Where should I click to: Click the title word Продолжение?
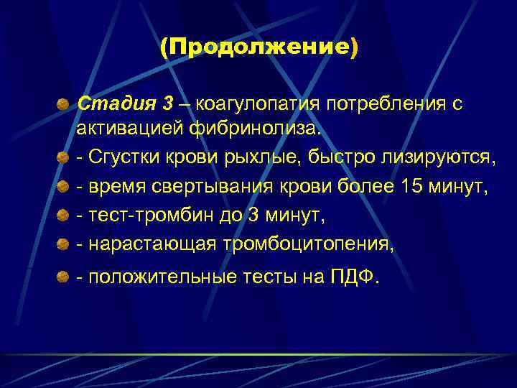pyautogui.click(x=258, y=48)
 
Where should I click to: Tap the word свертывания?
pyautogui.click(x=223, y=187)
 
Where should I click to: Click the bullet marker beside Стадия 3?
pyautogui.click(x=64, y=105)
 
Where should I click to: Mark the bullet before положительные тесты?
pyautogui.click(x=64, y=277)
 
